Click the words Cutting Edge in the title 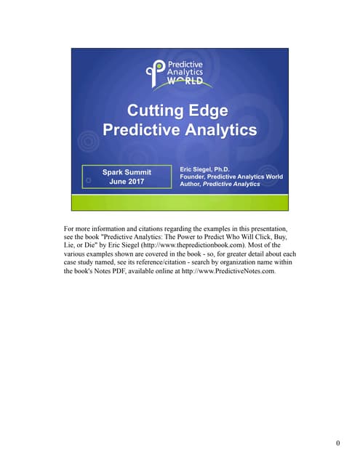pyautogui.click(x=177, y=111)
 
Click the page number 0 pyautogui.click(x=338, y=443)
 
